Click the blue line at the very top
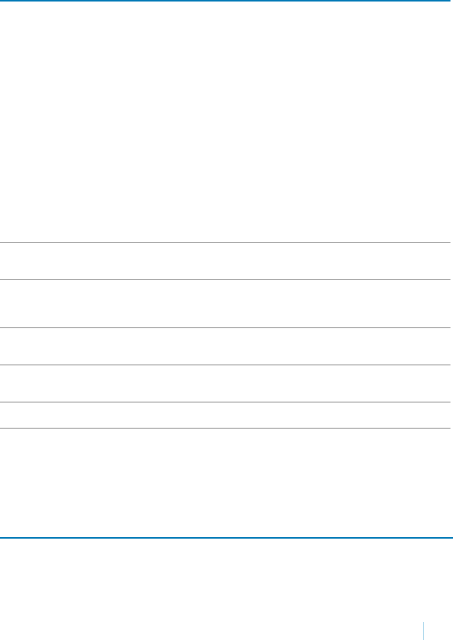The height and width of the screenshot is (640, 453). [x=226, y=1]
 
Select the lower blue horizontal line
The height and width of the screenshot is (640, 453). [x=226, y=538]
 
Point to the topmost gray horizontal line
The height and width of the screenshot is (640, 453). [x=226, y=243]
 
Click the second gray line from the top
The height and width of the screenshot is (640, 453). [x=226, y=280]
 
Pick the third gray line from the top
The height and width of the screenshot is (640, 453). [x=226, y=328]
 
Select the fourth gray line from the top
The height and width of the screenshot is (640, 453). [x=226, y=365]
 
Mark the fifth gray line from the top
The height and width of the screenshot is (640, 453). [x=226, y=402]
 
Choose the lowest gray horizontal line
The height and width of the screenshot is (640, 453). [x=226, y=428]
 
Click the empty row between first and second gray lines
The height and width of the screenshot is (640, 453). [x=226, y=262]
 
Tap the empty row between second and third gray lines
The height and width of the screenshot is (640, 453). [x=226, y=304]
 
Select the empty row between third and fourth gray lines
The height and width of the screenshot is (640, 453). [x=226, y=346]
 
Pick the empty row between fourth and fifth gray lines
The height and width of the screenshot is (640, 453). [x=226, y=383]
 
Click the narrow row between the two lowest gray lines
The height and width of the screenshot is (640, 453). [x=226, y=415]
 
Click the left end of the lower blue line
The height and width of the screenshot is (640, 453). [x=2, y=538]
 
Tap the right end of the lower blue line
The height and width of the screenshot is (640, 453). [x=451, y=538]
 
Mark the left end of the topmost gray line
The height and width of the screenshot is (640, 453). [x=2, y=243]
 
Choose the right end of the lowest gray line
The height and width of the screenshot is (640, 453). [x=451, y=428]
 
